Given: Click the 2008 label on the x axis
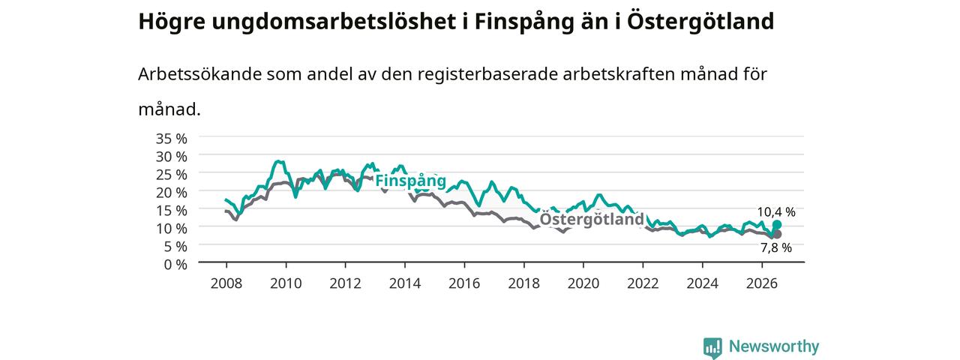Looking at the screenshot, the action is pyautogui.click(x=226, y=283).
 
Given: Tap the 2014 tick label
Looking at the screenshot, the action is pyautogui.click(x=404, y=283).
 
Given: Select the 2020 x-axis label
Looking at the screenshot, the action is pyautogui.click(x=583, y=283).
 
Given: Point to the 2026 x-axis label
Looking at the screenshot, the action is pyautogui.click(x=762, y=283).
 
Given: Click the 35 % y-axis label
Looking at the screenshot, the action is pyautogui.click(x=172, y=139).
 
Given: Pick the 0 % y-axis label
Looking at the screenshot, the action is pyautogui.click(x=175, y=265).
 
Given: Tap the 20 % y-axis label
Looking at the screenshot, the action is pyautogui.click(x=172, y=193).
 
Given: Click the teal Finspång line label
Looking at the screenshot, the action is pyautogui.click(x=410, y=181).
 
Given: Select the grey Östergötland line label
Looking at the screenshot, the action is pyautogui.click(x=592, y=220).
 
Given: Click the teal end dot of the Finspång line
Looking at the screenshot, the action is pyautogui.click(x=776, y=225).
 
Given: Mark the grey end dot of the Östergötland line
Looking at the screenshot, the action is pyautogui.click(x=776, y=234).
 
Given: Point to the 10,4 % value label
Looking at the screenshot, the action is pyautogui.click(x=776, y=212).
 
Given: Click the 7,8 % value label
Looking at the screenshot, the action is pyautogui.click(x=776, y=247).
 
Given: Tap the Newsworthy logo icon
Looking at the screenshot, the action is pyautogui.click(x=712, y=347).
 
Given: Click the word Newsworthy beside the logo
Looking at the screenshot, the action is pyautogui.click(x=774, y=346).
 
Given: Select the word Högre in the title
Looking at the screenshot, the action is pyautogui.click(x=172, y=22).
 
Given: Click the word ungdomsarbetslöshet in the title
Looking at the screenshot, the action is pyautogui.click(x=334, y=22).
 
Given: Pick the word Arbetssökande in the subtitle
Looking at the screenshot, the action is pyautogui.click(x=199, y=74).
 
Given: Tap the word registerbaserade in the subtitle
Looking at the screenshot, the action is pyautogui.click(x=487, y=75).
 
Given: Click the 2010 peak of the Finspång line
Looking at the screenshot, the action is pyautogui.click(x=278, y=161).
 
